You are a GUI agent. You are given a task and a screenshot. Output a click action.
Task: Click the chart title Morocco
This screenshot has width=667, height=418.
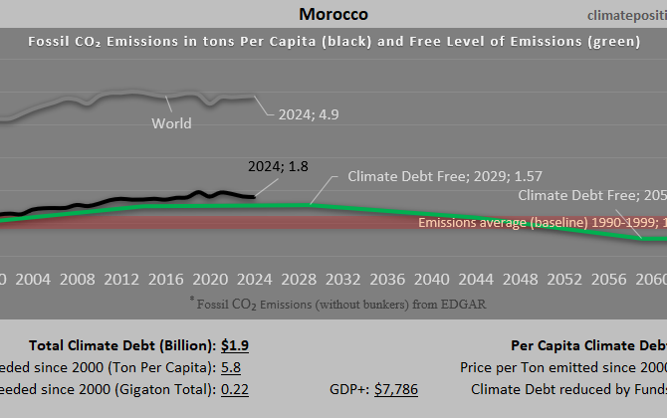click(x=333, y=14)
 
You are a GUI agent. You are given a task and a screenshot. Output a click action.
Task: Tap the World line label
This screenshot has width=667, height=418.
click(x=171, y=123)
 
